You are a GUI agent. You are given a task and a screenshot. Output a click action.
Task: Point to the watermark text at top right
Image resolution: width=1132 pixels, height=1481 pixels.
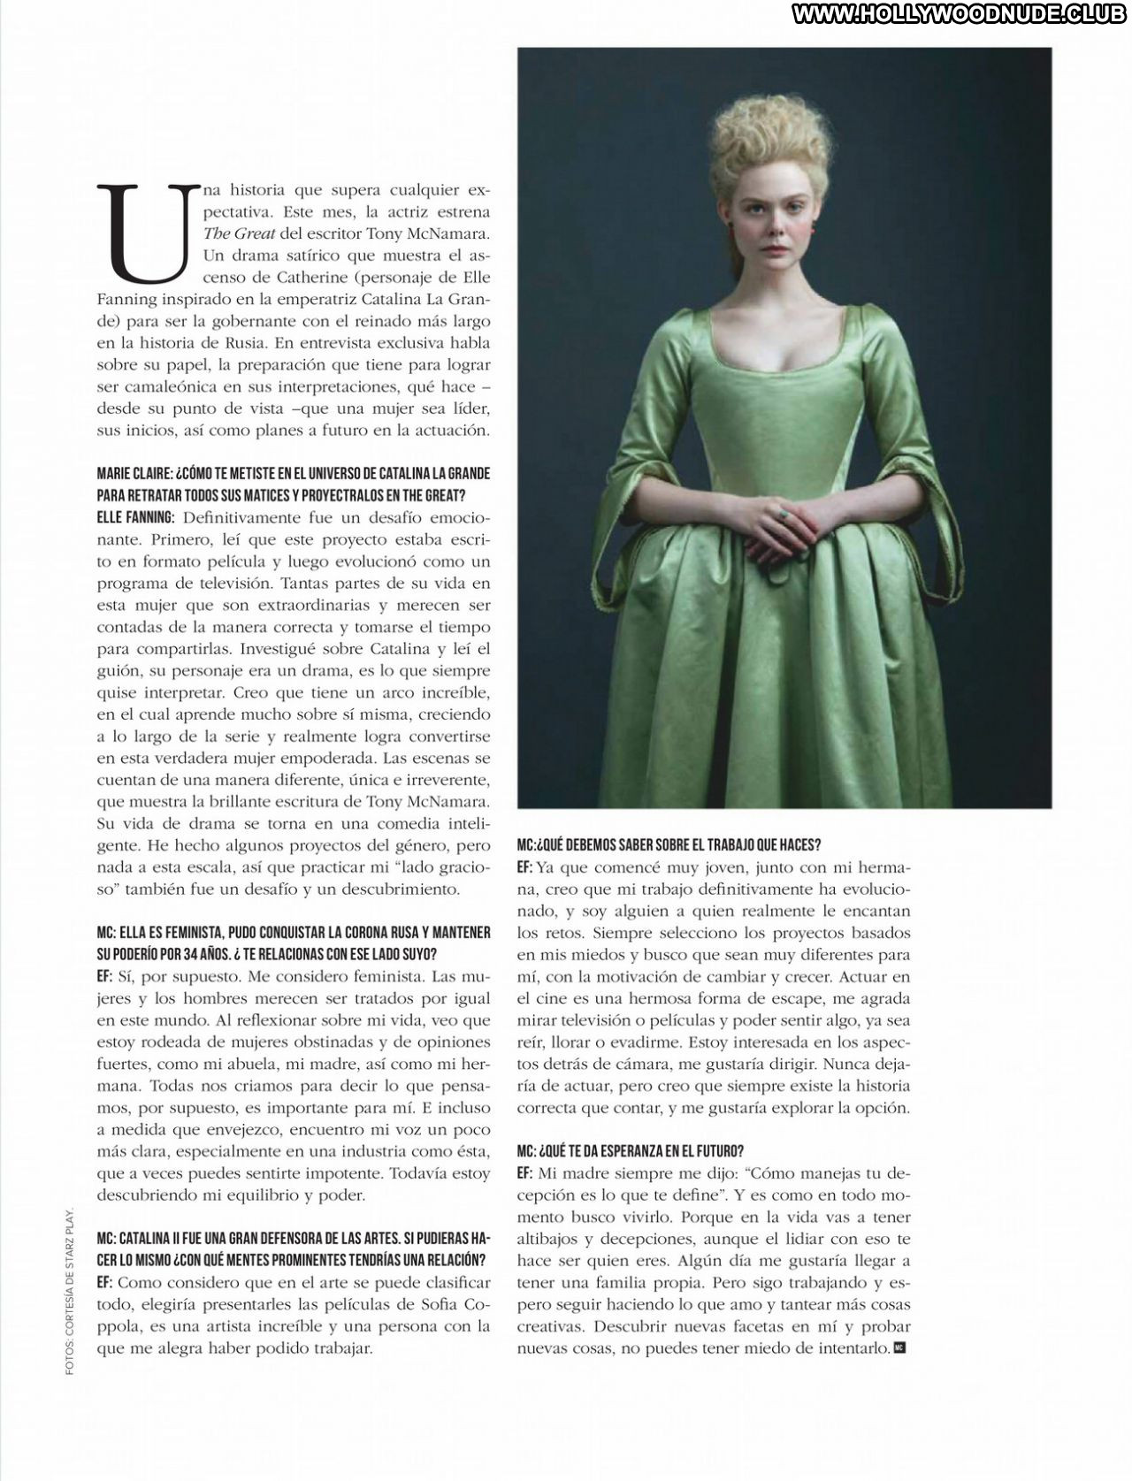pos(961,14)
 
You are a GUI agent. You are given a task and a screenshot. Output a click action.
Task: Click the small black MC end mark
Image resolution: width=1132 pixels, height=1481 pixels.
pos(900,1347)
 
